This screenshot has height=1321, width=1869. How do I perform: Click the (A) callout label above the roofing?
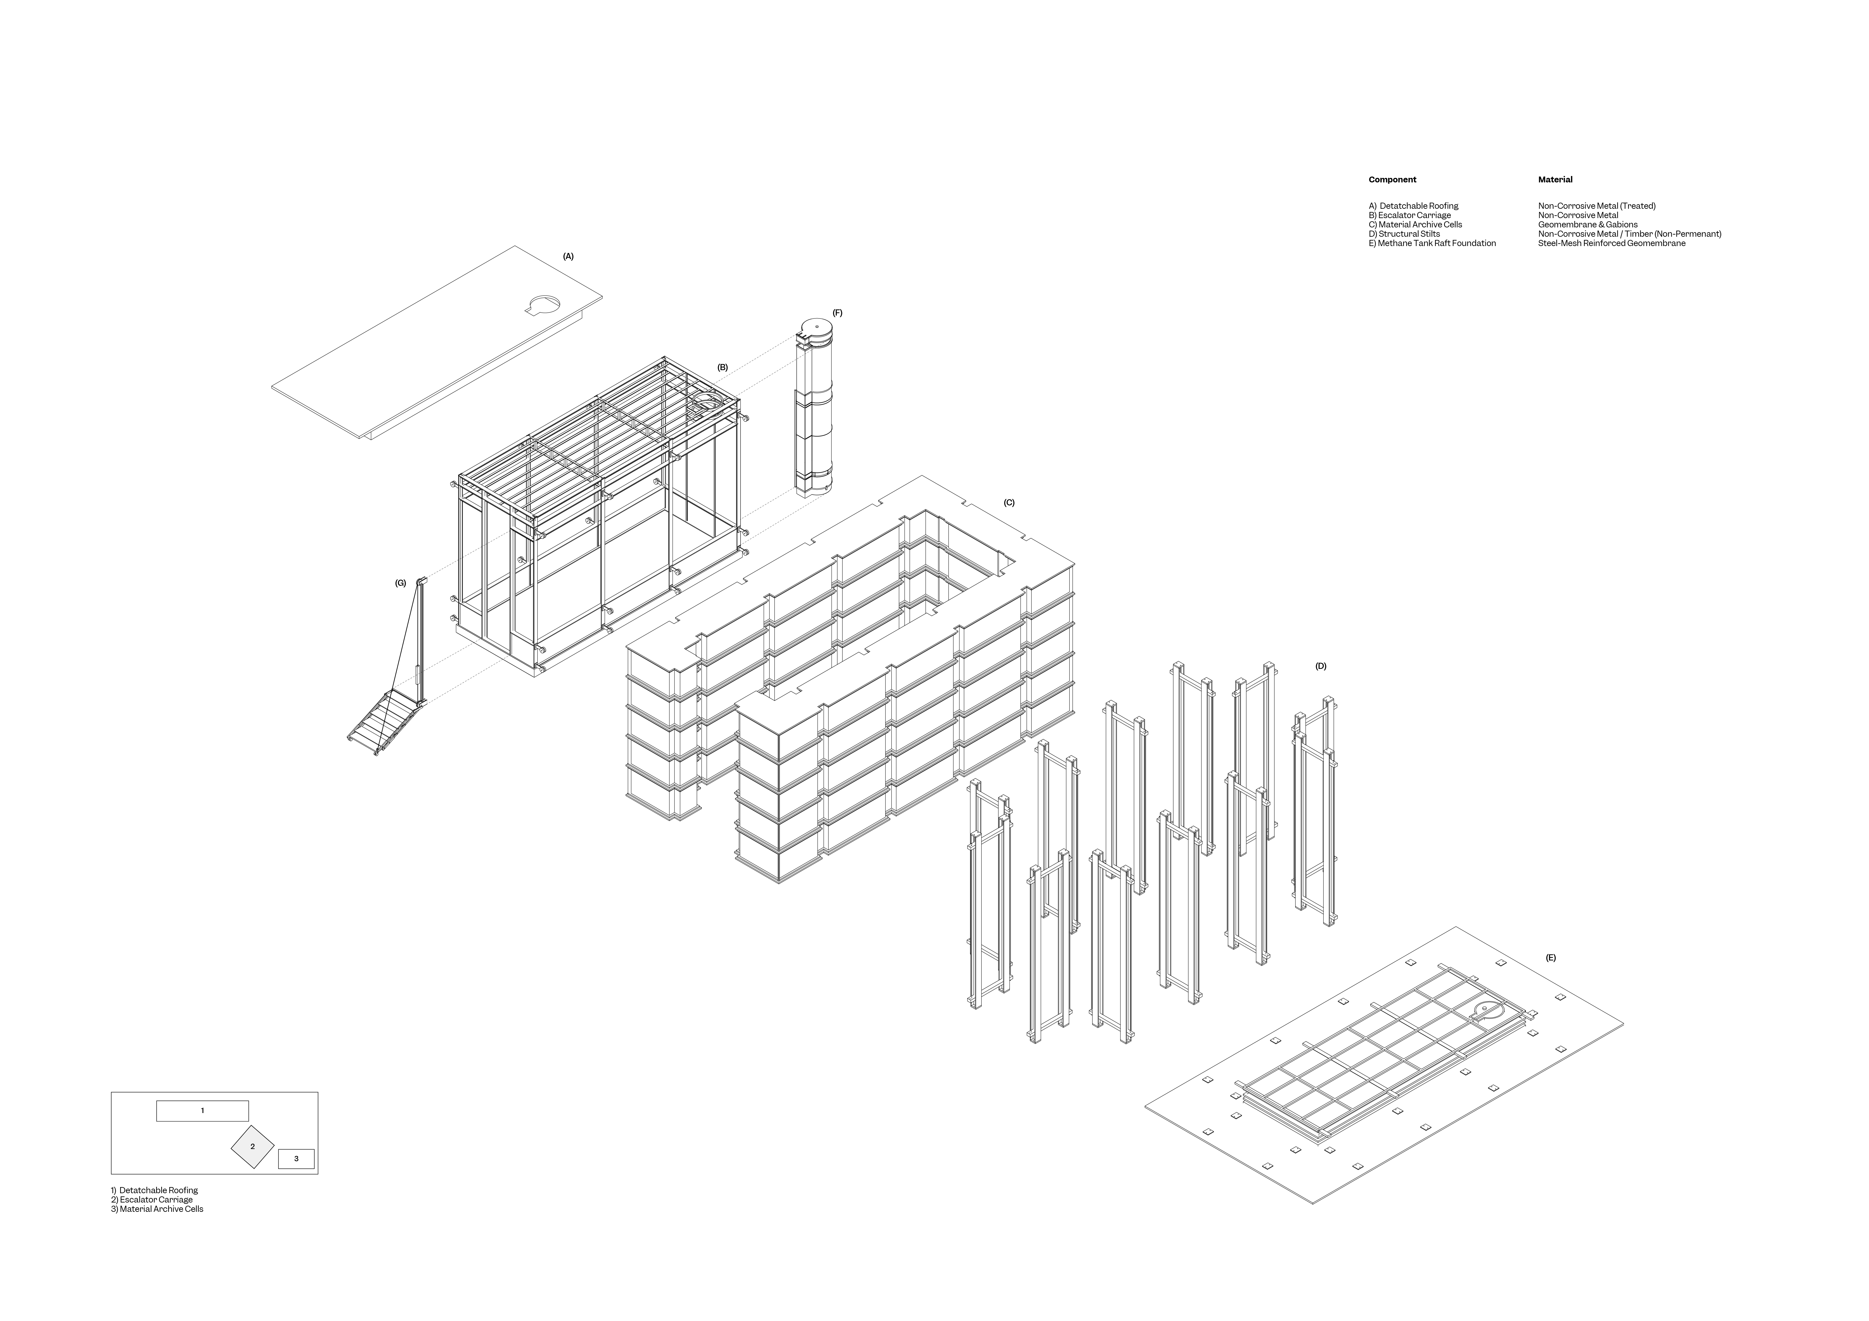[568, 256]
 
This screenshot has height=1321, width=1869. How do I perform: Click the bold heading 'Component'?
[1392, 180]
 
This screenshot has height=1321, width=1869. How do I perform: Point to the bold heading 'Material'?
[1555, 180]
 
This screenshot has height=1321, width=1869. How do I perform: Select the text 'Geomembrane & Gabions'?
[1587, 225]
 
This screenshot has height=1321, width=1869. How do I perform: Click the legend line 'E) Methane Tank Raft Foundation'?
[1432, 243]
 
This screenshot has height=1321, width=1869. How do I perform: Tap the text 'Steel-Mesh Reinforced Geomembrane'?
[1612, 243]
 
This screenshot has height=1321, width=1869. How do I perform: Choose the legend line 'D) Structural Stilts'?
[1404, 234]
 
